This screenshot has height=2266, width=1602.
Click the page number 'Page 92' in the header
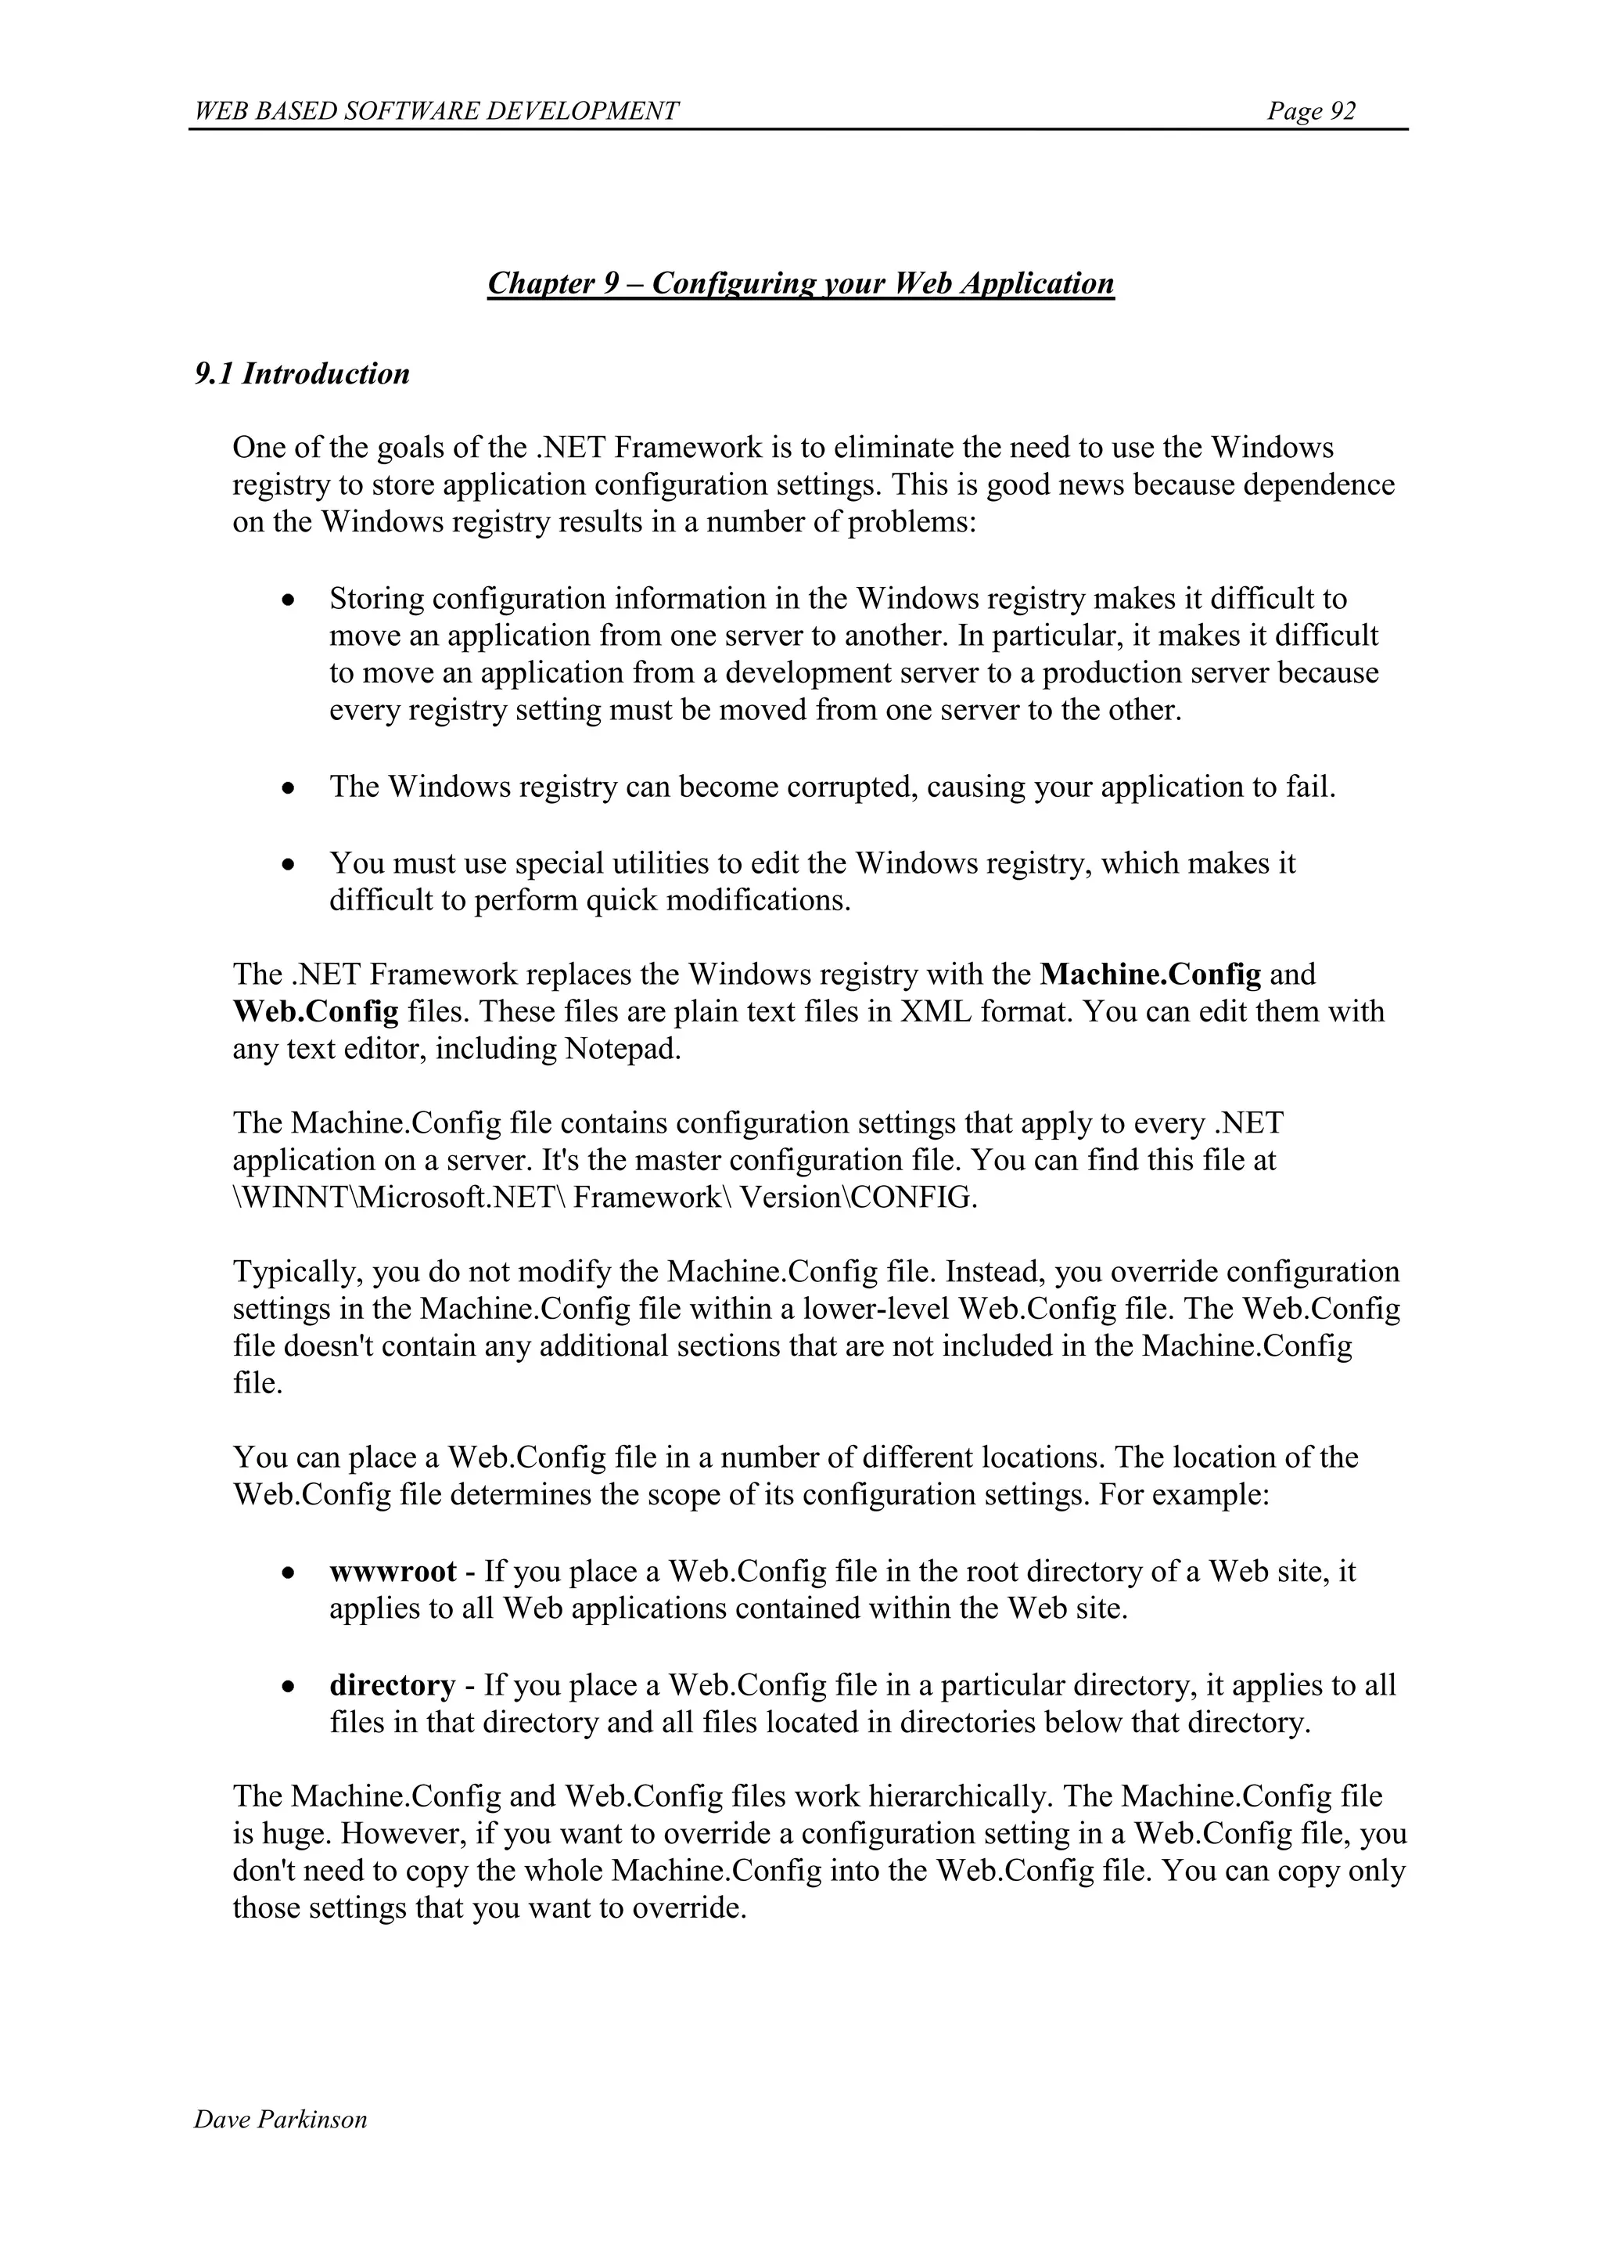coord(1311,111)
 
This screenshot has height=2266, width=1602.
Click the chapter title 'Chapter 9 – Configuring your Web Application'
coord(800,284)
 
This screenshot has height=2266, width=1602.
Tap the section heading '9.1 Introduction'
coord(302,374)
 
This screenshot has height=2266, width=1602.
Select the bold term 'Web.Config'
coord(316,1011)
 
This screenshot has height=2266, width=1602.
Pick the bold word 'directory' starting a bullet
coord(393,1684)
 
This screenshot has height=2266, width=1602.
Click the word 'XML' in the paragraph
coord(936,1011)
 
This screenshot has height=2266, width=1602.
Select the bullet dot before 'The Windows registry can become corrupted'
coord(287,788)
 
